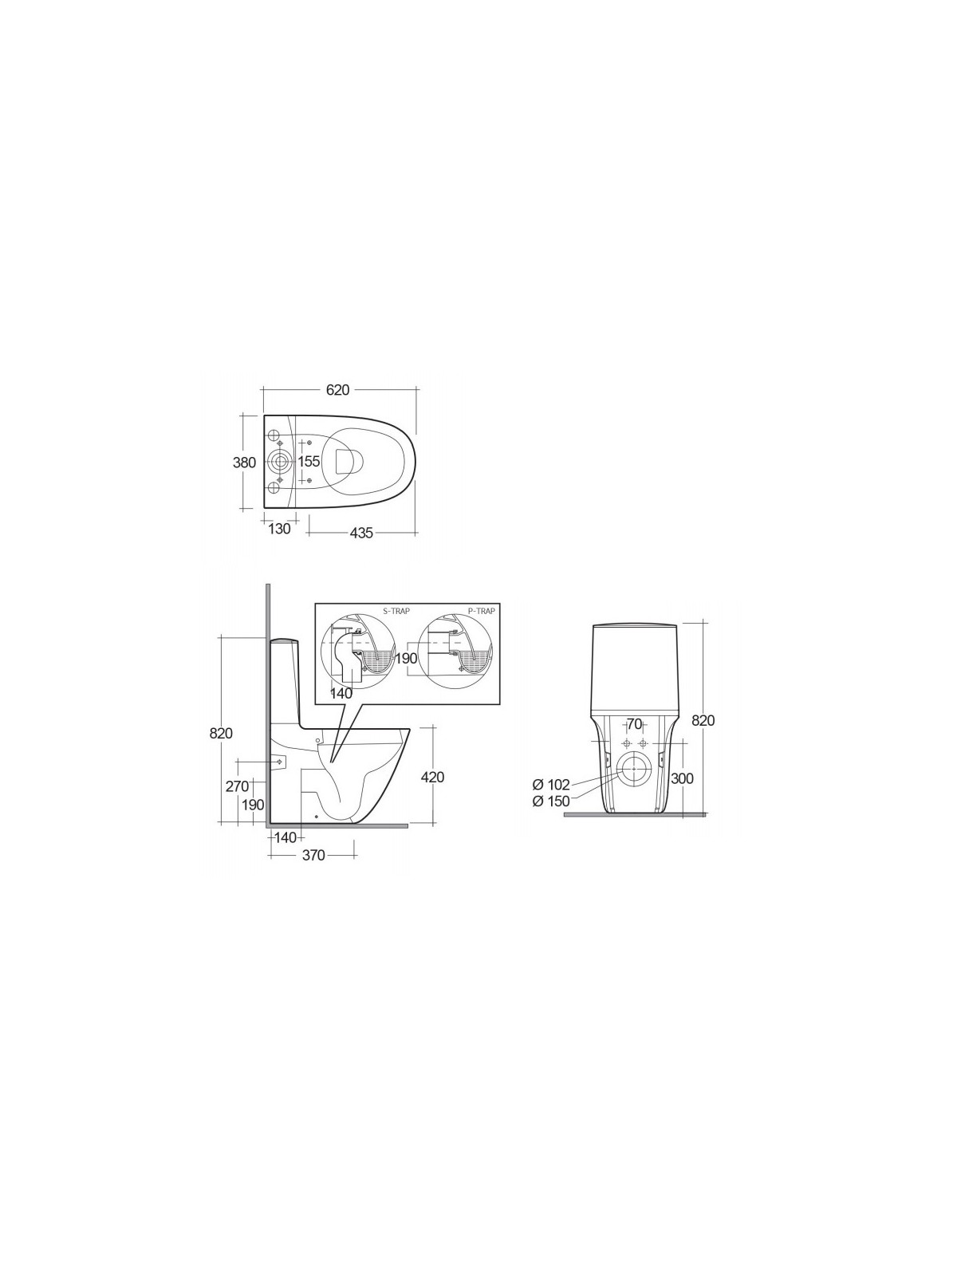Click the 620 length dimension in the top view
click(x=337, y=390)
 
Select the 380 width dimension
click(x=244, y=463)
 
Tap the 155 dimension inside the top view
click(x=309, y=462)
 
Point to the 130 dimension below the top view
click(x=279, y=529)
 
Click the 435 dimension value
click(x=360, y=533)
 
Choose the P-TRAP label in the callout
click(x=482, y=612)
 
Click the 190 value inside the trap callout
click(x=406, y=659)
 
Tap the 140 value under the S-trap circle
click(x=341, y=693)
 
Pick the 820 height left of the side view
click(x=221, y=734)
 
